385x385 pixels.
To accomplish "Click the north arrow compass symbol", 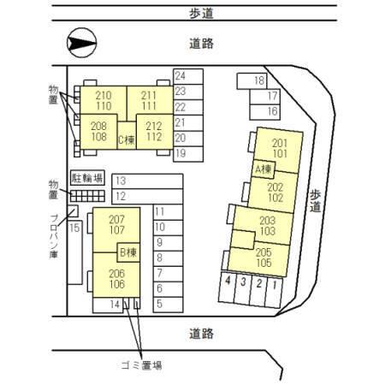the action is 82,43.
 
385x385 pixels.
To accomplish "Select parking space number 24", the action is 188,76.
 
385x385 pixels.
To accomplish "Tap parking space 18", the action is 252,81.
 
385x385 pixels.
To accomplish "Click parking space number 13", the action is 147,181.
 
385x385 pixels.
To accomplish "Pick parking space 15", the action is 74,252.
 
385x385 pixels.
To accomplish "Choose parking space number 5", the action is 168,305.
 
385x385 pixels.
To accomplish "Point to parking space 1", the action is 274,292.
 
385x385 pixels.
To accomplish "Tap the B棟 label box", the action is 128,252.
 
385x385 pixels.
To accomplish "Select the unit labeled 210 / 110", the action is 104,100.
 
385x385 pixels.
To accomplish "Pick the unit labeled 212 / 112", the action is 155,132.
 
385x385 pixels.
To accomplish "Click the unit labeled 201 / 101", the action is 278,148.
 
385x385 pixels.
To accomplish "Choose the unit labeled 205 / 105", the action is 260,258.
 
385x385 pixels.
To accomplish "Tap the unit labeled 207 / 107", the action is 116,229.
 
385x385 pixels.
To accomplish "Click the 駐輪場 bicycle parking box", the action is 87,178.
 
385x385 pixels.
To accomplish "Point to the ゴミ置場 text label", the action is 142,365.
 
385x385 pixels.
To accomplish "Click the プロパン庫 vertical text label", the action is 54,236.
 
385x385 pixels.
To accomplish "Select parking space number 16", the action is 264,112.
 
